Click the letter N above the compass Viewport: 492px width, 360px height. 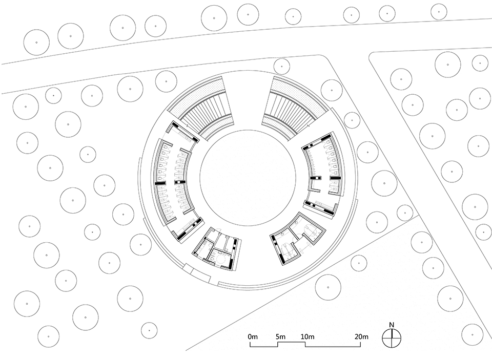pos(391,324)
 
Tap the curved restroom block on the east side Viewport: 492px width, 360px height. pos(322,171)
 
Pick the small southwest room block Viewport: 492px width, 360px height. pos(215,249)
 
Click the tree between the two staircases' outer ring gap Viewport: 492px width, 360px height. pos(281,66)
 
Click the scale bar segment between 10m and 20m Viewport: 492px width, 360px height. pos(333,346)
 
